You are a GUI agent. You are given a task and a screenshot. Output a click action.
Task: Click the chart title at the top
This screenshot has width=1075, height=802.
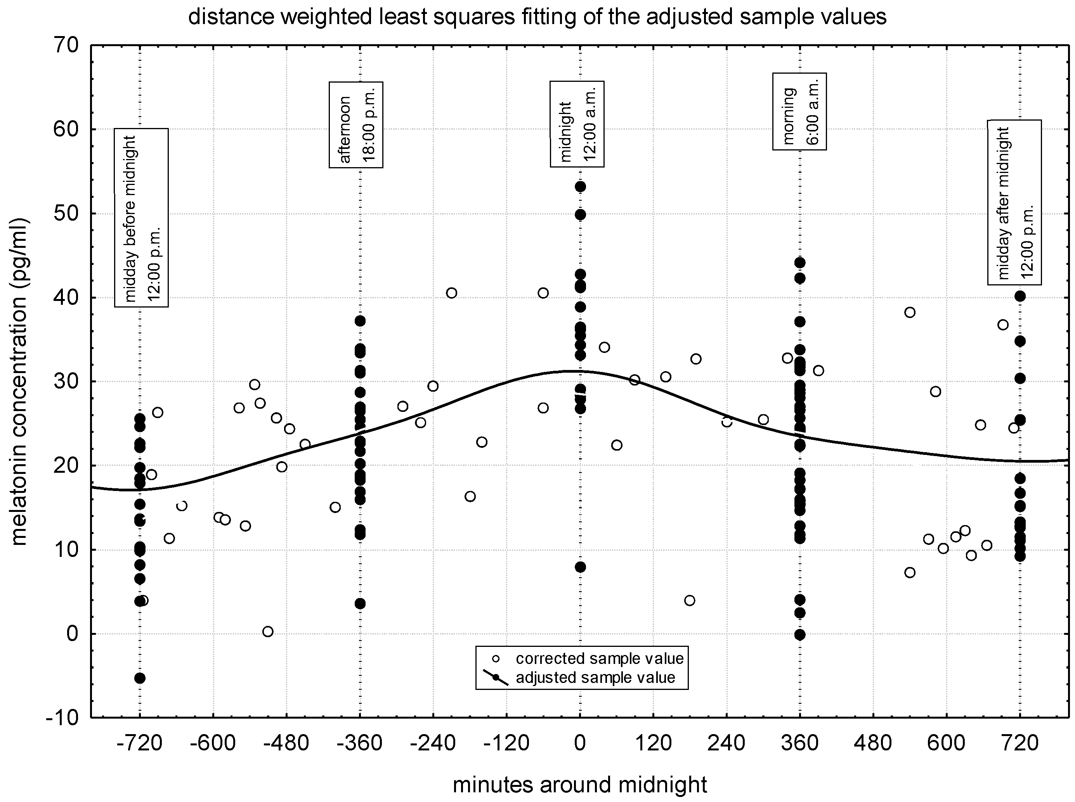tap(537, 17)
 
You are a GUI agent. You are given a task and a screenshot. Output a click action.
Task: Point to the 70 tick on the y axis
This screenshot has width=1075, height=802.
tap(66, 46)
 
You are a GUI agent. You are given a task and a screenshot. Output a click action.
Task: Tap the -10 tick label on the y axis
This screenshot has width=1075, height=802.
tap(62, 717)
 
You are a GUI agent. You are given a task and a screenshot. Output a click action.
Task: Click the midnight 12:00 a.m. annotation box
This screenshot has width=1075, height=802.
tap(577, 124)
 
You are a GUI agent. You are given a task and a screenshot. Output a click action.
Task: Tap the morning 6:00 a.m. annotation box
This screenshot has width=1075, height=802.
tap(799, 111)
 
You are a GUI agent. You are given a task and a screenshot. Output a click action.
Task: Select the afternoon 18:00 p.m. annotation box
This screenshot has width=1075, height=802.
tap(356, 125)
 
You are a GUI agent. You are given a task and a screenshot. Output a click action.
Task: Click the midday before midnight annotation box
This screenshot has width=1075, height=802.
tap(141, 218)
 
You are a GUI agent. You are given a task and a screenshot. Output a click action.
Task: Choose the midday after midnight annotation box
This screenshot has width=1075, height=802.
tap(1014, 202)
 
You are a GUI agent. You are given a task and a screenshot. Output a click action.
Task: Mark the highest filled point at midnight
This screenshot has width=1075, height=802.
tap(580, 187)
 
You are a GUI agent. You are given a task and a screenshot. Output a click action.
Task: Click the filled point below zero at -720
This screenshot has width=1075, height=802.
tap(140, 678)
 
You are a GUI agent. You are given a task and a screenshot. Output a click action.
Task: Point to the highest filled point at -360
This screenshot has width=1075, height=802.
tap(360, 321)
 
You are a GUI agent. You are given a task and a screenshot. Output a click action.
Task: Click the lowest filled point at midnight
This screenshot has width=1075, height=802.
tap(580, 567)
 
